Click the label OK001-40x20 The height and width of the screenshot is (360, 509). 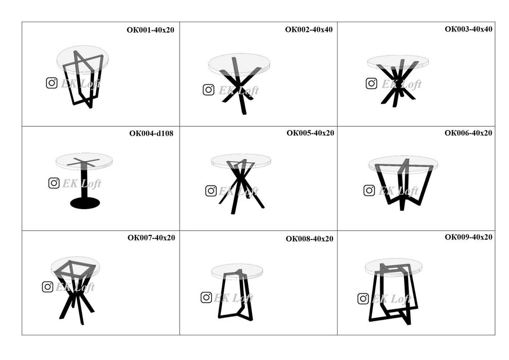[150, 30]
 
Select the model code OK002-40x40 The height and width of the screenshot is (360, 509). [309, 29]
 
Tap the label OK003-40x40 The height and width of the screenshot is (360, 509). [468, 29]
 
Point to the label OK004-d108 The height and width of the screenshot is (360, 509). [151, 133]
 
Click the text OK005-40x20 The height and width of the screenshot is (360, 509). [310, 133]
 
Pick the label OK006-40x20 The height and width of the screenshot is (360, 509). [468, 133]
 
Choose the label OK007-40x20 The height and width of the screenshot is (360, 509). [151, 238]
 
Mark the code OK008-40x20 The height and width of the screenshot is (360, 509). [309, 239]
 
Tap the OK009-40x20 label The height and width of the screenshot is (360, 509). [468, 237]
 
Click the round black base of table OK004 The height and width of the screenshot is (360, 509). [85, 203]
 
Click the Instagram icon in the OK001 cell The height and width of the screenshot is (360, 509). [51, 83]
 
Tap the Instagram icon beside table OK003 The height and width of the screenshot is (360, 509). [372, 83]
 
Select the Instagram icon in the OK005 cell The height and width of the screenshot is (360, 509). [211, 191]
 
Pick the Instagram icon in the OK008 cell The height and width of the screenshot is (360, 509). [206, 297]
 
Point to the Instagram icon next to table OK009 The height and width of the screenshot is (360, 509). [363, 299]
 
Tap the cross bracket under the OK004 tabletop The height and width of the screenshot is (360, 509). [83, 162]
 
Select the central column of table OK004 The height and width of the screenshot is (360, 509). [85, 182]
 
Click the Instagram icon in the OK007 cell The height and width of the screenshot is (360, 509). [47, 287]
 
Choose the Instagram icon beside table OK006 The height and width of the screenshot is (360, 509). [369, 191]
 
